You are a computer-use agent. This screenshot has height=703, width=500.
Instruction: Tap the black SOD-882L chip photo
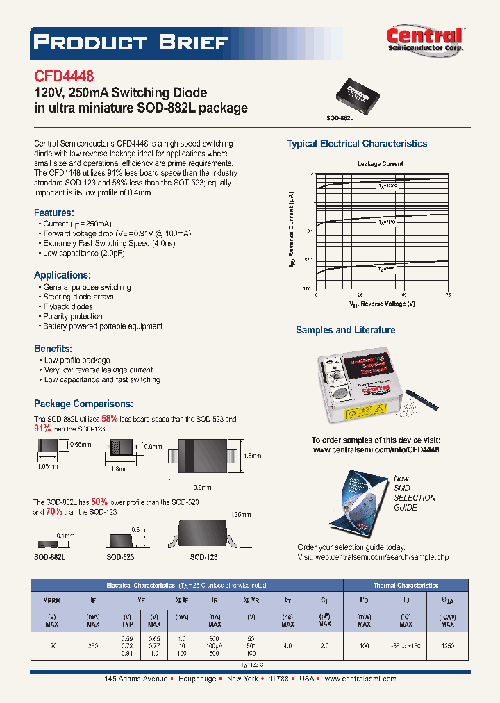click(358, 94)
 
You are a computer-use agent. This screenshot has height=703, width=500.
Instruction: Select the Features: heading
click(54, 213)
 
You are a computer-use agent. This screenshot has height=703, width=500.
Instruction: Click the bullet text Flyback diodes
click(68, 306)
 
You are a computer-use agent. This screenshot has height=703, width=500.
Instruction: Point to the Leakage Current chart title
click(380, 164)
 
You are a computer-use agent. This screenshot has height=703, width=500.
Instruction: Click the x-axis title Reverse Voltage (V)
click(383, 304)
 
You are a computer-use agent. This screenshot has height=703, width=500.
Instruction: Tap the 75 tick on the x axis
click(448, 295)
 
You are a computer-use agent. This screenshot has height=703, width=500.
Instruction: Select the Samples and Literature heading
click(346, 330)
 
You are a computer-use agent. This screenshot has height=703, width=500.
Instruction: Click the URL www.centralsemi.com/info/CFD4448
click(376, 450)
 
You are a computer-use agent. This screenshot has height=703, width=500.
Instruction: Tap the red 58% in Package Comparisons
click(110, 419)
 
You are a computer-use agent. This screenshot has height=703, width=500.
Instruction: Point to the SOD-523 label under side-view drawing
click(120, 557)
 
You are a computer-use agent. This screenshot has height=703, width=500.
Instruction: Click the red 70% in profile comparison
click(53, 512)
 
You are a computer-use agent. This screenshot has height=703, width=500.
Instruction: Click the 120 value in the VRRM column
click(52, 645)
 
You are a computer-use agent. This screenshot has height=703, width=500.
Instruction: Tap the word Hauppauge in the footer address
click(199, 679)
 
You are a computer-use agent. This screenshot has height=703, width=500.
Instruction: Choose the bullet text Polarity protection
click(73, 316)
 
